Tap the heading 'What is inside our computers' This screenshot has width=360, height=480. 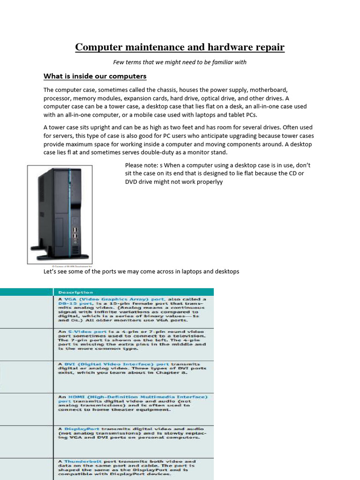pos(95,76)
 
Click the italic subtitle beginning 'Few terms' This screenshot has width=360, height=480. pos(180,62)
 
